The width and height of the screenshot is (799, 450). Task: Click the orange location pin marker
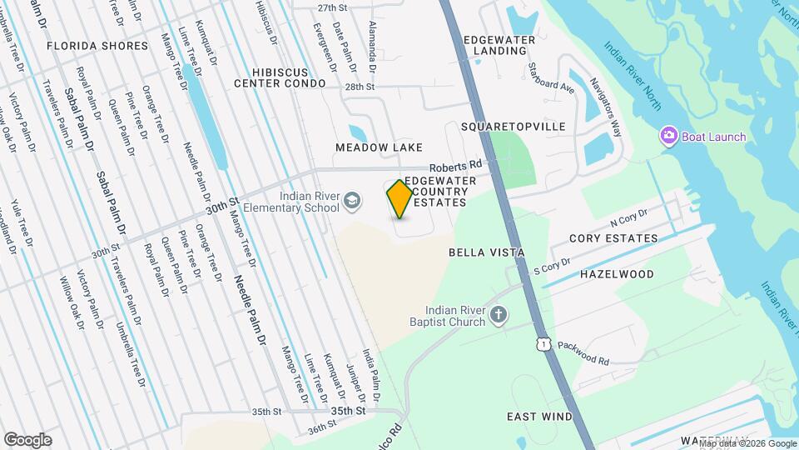pyautogui.click(x=399, y=199)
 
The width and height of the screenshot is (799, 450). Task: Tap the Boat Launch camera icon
pyautogui.click(x=668, y=136)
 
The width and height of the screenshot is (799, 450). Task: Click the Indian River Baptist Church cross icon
pyautogui.click(x=499, y=314)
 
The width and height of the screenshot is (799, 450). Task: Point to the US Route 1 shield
pyautogui.click(x=543, y=343)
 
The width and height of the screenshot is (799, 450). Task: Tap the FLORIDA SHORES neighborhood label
pyautogui.click(x=97, y=45)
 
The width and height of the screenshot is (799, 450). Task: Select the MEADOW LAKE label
pyautogui.click(x=374, y=147)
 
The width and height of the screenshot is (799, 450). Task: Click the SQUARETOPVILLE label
pyautogui.click(x=513, y=127)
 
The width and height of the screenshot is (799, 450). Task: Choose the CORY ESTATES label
pyautogui.click(x=613, y=238)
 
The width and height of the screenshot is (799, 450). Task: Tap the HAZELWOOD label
pyautogui.click(x=617, y=273)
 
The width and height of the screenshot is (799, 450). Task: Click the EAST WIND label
pyautogui.click(x=540, y=416)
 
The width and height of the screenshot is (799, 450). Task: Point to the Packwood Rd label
pyautogui.click(x=583, y=352)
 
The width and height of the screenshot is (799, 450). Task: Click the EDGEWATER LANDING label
pyautogui.click(x=499, y=45)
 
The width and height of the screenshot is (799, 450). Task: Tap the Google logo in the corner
pyautogui.click(x=27, y=439)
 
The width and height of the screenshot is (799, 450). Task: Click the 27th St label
pyautogui.click(x=330, y=7)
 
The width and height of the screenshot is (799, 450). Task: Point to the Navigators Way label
pyautogui.click(x=606, y=107)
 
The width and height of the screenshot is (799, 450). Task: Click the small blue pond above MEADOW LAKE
pyautogui.click(x=357, y=132)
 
